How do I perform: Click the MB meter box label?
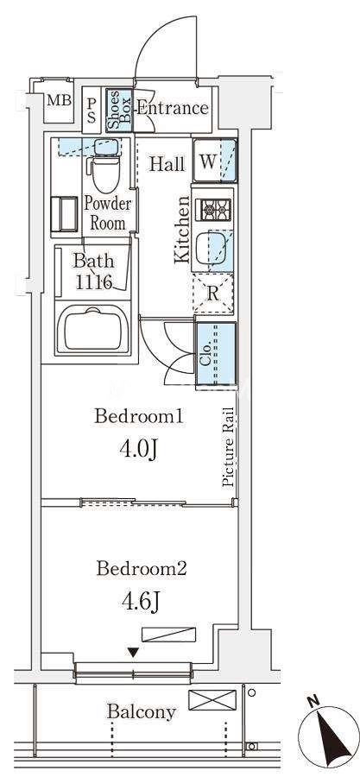pos(60,101)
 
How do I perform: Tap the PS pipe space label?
pos(92,111)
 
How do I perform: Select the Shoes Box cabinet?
pos(119,111)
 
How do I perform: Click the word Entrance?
pos(173,108)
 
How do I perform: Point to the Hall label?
pos(167,164)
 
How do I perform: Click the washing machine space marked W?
pos(214,161)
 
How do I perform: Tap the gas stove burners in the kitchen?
pos(213,210)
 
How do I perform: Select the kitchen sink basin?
pos(212,249)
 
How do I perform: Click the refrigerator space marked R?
pos(213,293)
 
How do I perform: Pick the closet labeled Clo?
pos(216,353)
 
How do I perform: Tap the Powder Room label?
pos(108,213)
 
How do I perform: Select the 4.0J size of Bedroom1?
pos(139,450)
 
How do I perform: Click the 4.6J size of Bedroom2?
pos(140,601)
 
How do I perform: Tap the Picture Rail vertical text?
pos(228,446)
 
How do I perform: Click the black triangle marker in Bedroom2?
pos(133,653)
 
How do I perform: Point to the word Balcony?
pos(142,712)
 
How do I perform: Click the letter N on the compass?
pos(312,701)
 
